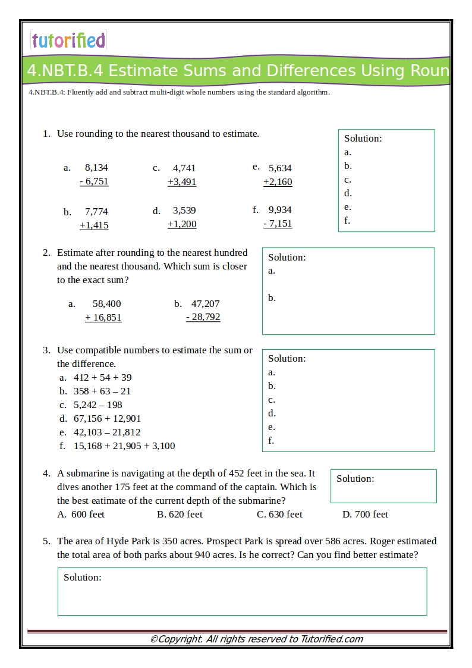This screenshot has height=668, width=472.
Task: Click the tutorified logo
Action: (68, 40)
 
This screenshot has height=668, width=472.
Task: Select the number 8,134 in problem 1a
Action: (96, 168)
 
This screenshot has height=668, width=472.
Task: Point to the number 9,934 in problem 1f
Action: (280, 209)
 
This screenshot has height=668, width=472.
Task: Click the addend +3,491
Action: (182, 181)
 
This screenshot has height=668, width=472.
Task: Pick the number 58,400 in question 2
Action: (106, 303)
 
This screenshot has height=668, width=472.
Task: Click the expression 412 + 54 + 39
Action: (102, 377)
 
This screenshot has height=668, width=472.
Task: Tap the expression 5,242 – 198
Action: (97, 404)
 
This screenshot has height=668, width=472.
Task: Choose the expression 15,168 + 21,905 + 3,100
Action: (124, 446)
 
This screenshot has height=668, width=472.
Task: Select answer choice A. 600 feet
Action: (81, 514)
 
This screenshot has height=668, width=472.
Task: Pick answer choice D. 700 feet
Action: (365, 514)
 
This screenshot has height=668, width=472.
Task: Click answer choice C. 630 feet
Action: (279, 514)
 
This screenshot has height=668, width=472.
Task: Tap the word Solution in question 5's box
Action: (82, 577)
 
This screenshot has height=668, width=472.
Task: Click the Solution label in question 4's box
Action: (355, 478)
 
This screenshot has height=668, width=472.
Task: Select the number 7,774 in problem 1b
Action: (96, 211)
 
